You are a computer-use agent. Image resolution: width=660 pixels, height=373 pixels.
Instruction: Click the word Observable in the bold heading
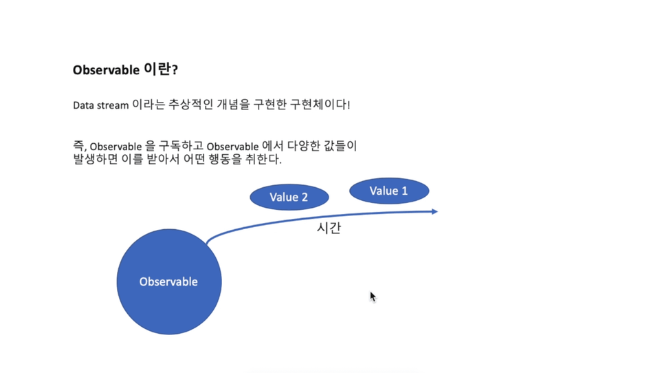[106, 70]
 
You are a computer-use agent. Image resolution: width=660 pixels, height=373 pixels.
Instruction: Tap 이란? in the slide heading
[161, 69]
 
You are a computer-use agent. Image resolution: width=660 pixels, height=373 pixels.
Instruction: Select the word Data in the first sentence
[83, 105]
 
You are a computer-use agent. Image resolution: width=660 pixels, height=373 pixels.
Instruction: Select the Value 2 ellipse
[289, 197]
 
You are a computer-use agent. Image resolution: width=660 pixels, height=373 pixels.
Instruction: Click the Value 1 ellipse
[389, 191]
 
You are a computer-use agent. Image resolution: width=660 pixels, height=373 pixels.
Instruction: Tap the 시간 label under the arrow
[329, 228]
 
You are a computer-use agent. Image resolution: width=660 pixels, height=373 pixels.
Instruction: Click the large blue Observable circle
[169, 281]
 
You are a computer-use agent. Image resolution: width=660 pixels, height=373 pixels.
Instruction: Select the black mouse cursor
[373, 297]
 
